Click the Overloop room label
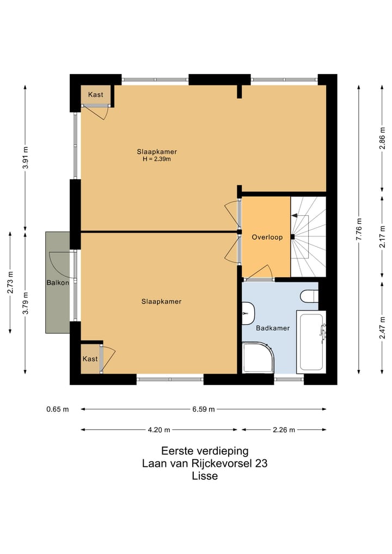267,237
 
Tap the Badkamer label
273,328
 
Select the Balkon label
58,283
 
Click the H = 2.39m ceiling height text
157,159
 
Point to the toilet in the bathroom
309,296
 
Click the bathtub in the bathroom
311,342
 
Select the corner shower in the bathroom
258,357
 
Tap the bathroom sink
248,313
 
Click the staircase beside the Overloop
308,237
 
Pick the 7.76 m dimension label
359,229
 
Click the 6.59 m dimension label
204,409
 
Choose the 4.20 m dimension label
159,430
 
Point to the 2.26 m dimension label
284,430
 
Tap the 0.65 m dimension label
58,409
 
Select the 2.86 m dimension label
382,138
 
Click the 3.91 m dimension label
25,157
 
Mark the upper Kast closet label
96,94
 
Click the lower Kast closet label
90,358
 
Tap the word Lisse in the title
205,476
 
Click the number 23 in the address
261,463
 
